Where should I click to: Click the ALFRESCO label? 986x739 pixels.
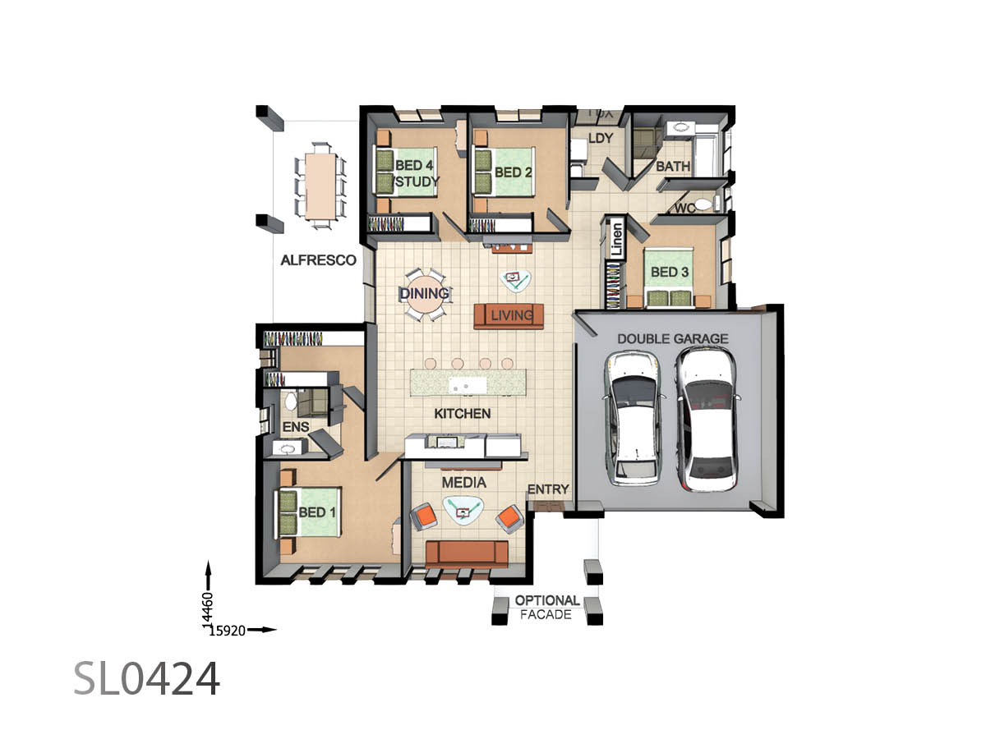coord(318,260)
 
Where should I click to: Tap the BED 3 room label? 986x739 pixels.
coord(670,272)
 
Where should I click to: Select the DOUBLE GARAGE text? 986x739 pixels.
coord(672,339)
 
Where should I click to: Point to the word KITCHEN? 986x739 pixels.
coord(463,413)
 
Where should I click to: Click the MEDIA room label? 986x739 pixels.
coord(464,483)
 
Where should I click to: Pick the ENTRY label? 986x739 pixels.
coord(548,489)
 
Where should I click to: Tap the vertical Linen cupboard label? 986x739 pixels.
coord(617,240)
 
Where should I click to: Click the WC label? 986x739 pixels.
coord(684,209)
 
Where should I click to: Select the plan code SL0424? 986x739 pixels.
coord(146,678)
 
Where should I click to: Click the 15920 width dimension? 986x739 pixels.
coord(228,631)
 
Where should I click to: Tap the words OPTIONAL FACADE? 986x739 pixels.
coord(546,607)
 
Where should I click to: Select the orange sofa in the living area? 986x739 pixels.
coord(509,316)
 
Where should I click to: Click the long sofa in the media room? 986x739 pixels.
coord(467,554)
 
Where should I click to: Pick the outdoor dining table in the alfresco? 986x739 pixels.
coord(320,186)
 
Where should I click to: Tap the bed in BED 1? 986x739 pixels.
coord(307,512)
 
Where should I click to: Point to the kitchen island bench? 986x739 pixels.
coord(468,383)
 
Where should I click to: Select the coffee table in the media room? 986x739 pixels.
coord(463,510)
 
